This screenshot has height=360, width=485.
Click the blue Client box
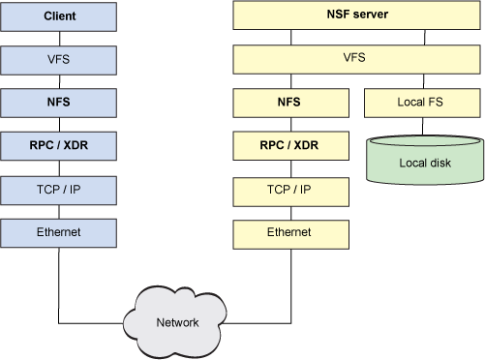click(x=60, y=16)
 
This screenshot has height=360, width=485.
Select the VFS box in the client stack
click(x=60, y=59)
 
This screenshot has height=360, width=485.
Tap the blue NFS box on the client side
click(x=60, y=101)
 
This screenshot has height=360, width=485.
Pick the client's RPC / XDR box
click(x=60, y=145)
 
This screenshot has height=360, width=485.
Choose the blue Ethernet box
click(x=60, y=232)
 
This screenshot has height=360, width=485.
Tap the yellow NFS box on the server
click(x=289, y=101)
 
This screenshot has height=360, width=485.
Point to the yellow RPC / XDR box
click(x=289, y=145)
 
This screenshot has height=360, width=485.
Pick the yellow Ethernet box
click(x=289, y=232)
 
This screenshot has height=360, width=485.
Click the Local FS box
click(x=422, y=101)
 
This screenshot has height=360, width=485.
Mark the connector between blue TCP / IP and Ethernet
click(x=60, y=211)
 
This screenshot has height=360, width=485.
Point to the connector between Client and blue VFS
click(x=60, y=38)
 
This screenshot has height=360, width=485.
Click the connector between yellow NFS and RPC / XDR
click(x=289, y=123)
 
